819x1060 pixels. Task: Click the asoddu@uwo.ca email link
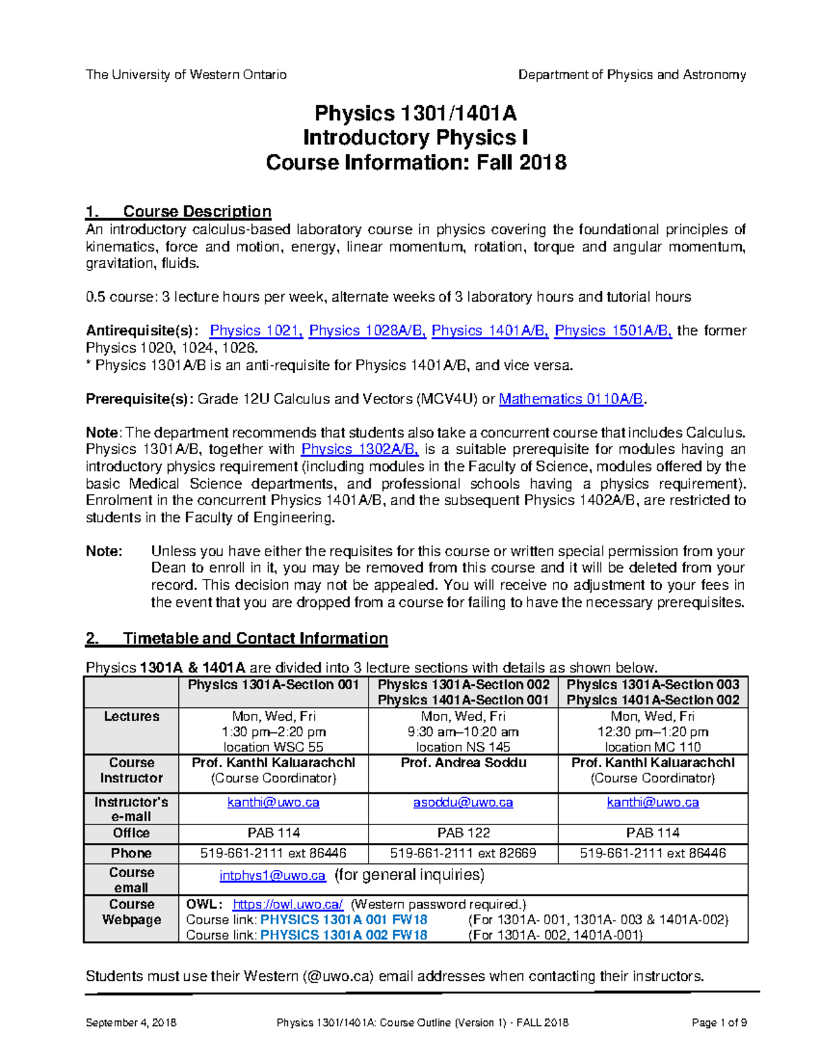pos(463,803)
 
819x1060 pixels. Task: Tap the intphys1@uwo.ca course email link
pos(272,876)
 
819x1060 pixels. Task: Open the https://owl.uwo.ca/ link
pos(287,904)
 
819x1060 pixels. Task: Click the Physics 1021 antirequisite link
pos(256,331)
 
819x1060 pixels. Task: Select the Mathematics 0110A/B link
pos(571,399)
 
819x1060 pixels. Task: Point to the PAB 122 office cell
pos(463,833)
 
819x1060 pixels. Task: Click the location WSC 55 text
pos(273,747)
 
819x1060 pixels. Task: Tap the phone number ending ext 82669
pos(463,853)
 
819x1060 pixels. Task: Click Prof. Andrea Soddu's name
pos(463,763)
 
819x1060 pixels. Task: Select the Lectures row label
pos(131,717)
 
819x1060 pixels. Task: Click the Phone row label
pos(131,853)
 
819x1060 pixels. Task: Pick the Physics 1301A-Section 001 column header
pos(273,685)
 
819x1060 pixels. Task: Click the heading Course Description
pos(197,212)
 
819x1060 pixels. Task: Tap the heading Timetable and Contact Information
pos(255,639)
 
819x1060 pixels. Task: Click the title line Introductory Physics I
pos(416,138)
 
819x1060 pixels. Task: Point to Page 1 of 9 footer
pos(719,1022)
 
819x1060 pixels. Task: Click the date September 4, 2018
pos(131,1022)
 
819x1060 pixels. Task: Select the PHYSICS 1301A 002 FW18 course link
pos(344,935)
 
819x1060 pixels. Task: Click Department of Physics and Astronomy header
pos(632,75)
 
